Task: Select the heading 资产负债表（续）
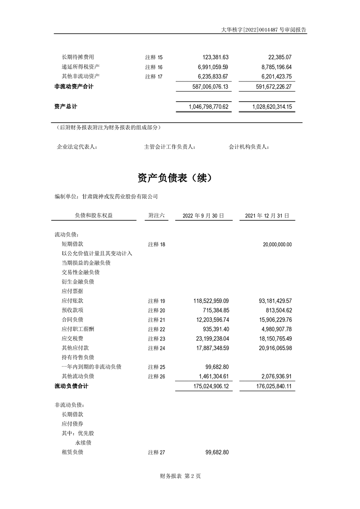click(174, 178)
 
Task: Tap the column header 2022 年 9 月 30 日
click(203, 216)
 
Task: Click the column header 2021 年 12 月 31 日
click(267, 216)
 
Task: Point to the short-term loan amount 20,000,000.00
click(277, 245)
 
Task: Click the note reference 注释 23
click(156, 339)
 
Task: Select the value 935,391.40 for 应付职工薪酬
click(213, 329)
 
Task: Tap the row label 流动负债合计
click(71, 386)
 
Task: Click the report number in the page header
click(263, 29)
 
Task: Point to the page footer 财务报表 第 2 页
click(180, 476)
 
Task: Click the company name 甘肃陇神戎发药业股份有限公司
click(119, 196)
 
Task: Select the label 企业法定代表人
click(77, 147)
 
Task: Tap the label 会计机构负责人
click(249, 147)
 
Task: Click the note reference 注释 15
click(153, 58)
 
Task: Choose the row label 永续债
click(84, 443)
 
